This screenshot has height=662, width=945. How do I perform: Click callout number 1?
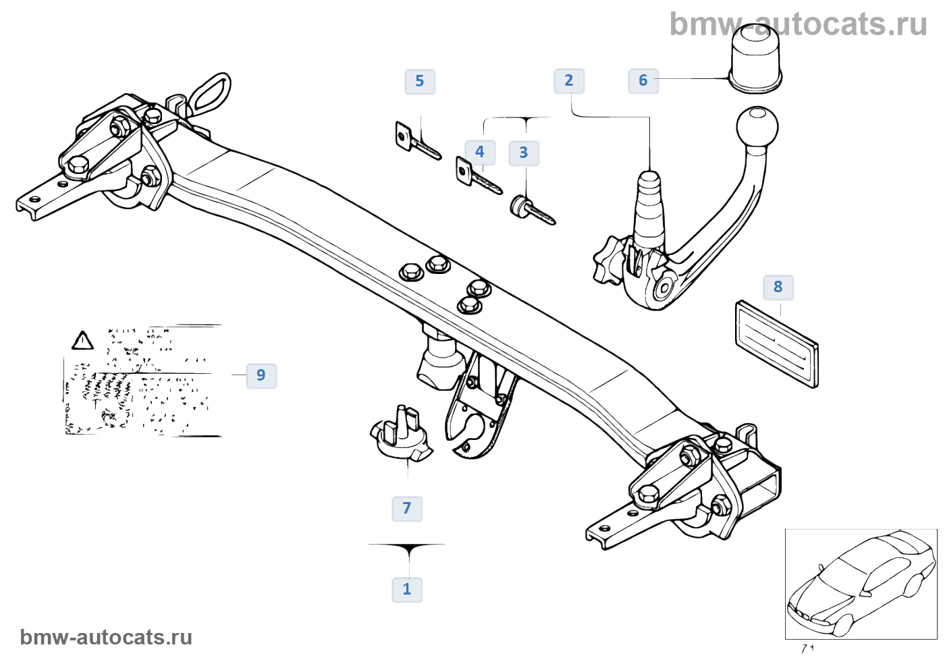coord(407,589)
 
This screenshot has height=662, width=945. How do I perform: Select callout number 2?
coord(569,81)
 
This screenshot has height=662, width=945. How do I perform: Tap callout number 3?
coord(524,153)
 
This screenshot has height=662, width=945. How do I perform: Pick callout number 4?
coord(480,152)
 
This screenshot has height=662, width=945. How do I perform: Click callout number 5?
coord(420,82)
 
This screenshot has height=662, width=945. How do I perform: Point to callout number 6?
coord(643,81)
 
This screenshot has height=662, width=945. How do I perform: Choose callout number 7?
coord(407,508)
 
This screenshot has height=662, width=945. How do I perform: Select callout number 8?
coord(778,287)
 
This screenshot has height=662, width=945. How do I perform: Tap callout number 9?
coord(261,375)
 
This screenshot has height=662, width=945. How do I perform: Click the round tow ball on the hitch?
coord(757,126)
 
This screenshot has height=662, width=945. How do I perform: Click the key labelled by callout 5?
coord(417,141)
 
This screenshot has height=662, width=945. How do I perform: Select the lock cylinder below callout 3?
coord(532,210)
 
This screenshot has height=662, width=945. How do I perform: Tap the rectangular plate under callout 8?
coord(776,344)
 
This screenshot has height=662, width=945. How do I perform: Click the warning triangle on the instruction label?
coord(82,341)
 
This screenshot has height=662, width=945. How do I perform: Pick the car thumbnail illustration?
coord(861,584)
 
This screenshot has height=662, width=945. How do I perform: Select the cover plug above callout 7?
coord(402,435)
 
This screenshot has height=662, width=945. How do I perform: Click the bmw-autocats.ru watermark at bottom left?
coord(106,637)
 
